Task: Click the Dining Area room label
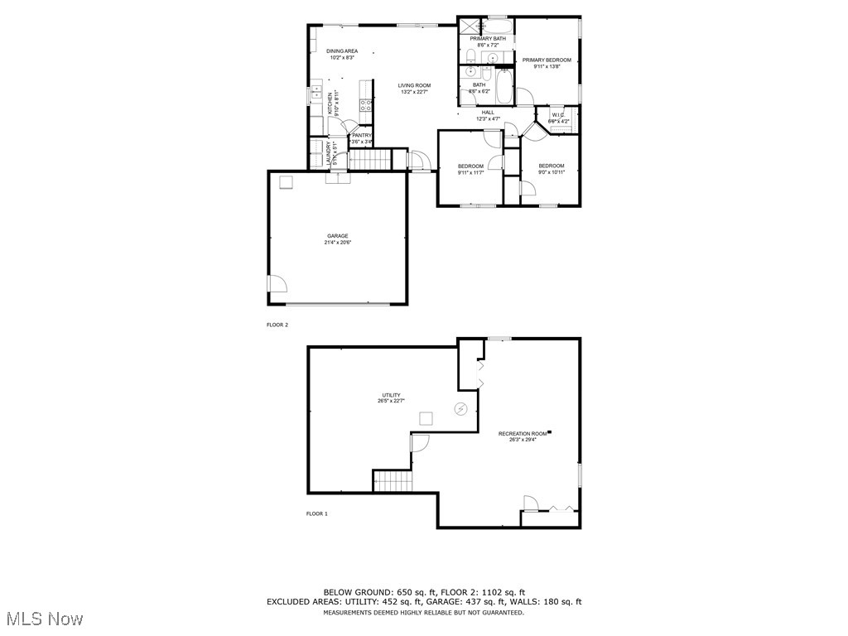[342, 51]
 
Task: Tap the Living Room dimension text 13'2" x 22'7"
[414, 92]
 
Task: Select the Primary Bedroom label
[546, 60]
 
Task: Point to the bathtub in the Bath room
[504, 87]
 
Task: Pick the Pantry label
[362, 136]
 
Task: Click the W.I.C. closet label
[558, 115]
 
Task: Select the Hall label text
[488, 113]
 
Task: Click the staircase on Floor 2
[369, 158]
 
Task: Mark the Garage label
[337, 236]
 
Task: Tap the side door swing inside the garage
[277, 284]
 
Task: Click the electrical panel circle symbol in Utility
[461, 408]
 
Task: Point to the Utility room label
[391, 395]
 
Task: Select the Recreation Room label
[523, 434]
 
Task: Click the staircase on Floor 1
[392, 480]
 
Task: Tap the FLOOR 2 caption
[277, 325]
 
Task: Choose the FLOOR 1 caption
[317, 514]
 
